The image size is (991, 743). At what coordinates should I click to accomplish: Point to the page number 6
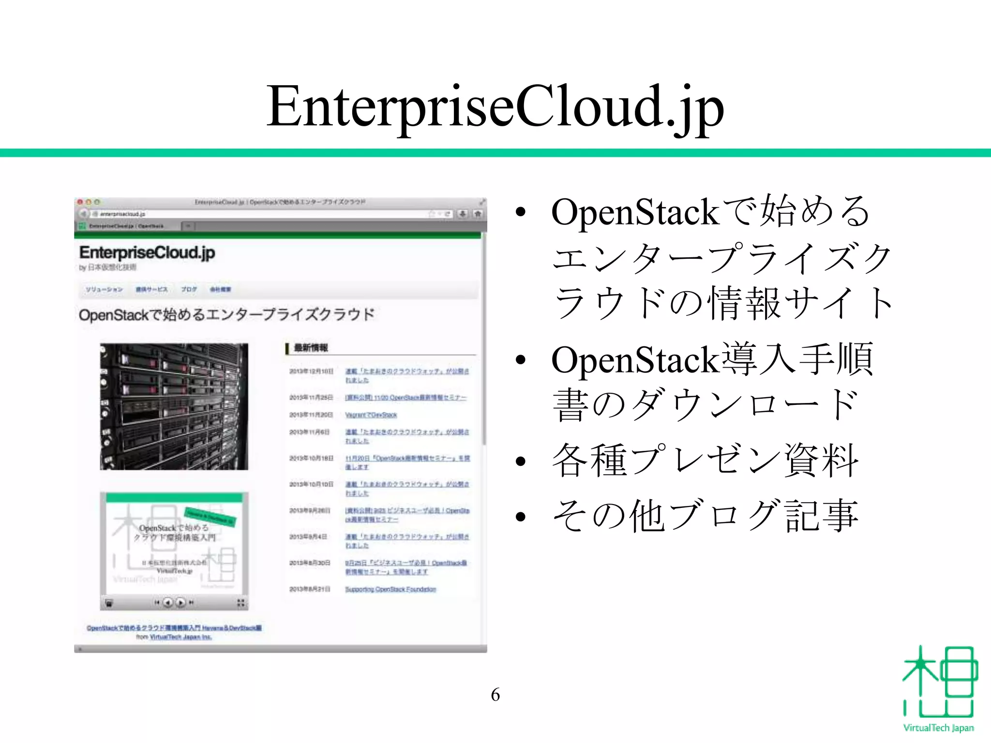pos(495,695)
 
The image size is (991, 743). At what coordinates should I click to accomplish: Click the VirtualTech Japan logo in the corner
pos(938,689)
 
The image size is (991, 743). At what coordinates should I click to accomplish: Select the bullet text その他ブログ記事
pos(705,516)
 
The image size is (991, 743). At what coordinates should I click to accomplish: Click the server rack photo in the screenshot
pos(174,406)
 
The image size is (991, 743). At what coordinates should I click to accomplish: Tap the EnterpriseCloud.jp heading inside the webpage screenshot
pos(147,253)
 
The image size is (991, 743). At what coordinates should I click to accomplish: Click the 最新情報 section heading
pos(311,347)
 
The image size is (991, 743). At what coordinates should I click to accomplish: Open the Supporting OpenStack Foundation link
pos(390,589)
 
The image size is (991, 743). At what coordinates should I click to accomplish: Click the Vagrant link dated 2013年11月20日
pos(371,415)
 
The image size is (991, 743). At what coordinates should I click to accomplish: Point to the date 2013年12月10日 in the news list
pos(311,371)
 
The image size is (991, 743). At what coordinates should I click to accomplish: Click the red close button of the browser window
pos(80,202)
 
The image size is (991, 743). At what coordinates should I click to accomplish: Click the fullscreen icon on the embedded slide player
pos(240,603)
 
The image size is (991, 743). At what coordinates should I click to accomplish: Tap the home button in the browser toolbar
pos(478,213)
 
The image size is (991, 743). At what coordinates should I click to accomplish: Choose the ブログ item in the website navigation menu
pos(189,289)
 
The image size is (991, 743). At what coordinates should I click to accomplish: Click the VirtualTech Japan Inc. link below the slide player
pos(180,637)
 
